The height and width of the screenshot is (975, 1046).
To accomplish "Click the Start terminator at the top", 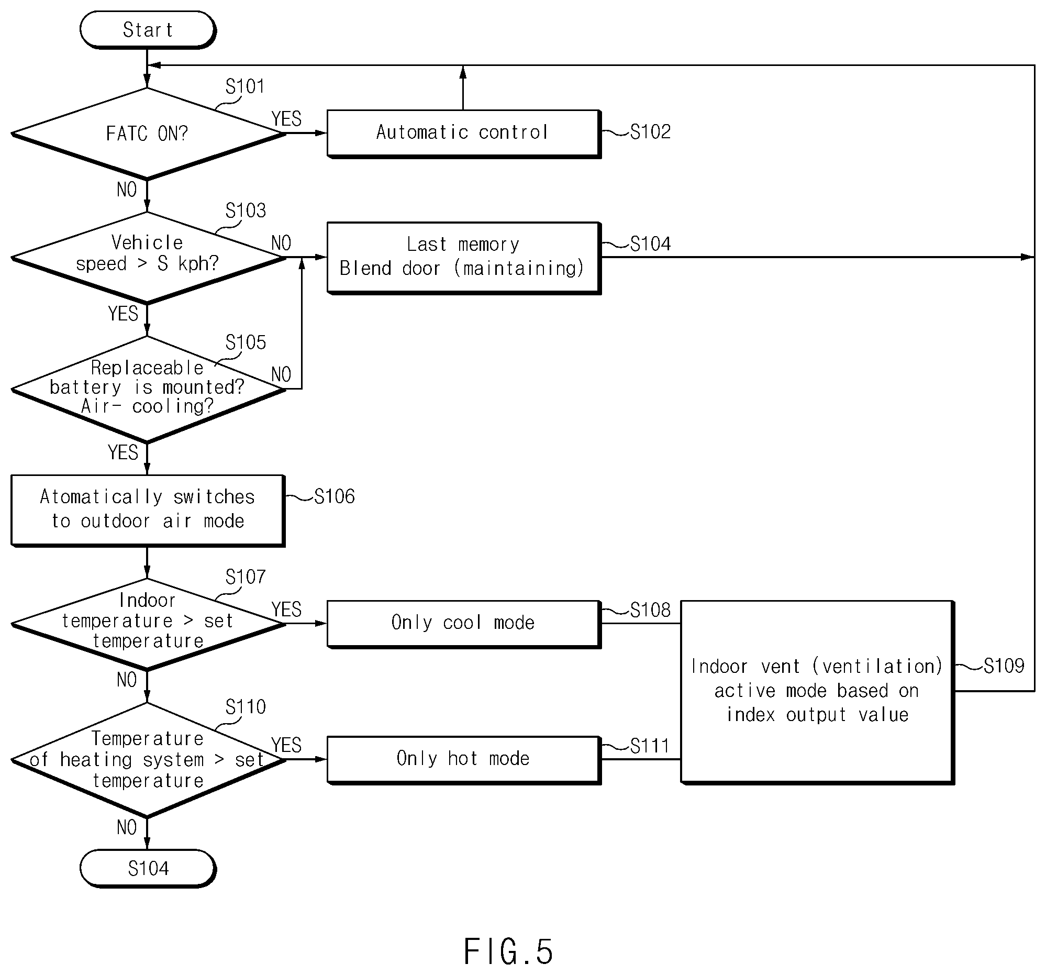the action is coord(147,30).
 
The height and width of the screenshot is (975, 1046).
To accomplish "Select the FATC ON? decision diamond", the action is coord(148,134).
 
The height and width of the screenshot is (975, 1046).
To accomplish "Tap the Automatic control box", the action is coord(463,134).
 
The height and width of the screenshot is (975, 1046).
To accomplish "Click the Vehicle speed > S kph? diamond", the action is coord(148,257).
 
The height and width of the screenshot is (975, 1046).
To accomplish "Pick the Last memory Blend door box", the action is coord(463,258).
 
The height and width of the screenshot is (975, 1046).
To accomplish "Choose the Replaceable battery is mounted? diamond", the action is coord(148,389).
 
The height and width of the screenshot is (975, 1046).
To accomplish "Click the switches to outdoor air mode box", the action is coord(148,511).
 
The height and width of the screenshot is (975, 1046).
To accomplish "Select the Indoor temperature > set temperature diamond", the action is coord(148,624).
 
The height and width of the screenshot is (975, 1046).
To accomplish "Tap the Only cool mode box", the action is coord(463,624).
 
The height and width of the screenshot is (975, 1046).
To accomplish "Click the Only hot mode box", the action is coord(463,760).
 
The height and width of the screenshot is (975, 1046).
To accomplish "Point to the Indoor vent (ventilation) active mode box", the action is coord(817,692).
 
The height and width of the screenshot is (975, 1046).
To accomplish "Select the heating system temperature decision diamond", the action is coord(148,760).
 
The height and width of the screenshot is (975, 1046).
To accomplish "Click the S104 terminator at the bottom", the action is coord(147,868).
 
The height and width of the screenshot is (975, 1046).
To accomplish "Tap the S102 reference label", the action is coord(650,131).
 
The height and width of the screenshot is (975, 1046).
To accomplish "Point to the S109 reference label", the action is coord(1004,666).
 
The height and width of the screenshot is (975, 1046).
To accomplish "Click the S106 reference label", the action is coord(335,496).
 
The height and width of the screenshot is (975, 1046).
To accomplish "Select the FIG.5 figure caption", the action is coord(508,951).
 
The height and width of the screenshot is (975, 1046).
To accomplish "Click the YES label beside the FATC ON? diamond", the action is coord(287,118).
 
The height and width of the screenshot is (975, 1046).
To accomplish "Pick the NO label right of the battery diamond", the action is coord(282,374).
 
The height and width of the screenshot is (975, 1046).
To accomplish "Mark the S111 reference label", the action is coord(650,746).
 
